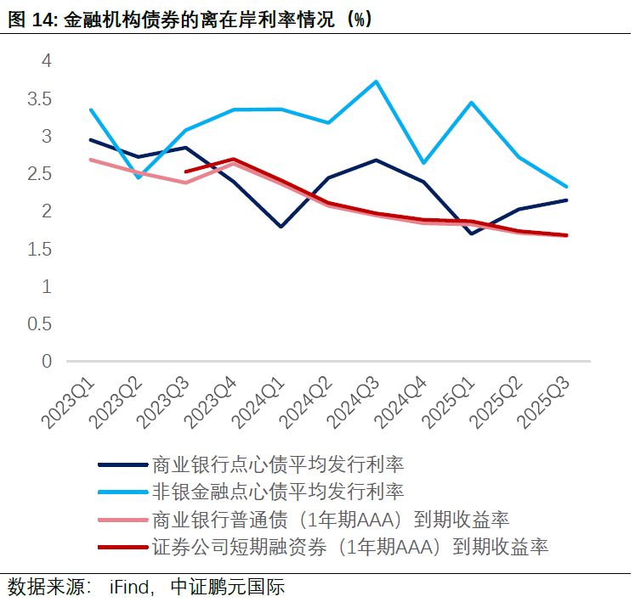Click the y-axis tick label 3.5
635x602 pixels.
[x=40, y=98]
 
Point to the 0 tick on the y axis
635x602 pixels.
[x=47, y=362]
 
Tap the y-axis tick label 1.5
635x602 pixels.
[x=40, y=249]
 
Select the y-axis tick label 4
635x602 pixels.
[x=47, y=61]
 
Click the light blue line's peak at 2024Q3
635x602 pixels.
[x=377, y=82]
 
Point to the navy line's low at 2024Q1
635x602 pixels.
[x=281, y=227]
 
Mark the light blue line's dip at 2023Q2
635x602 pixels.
[x=138, y=177]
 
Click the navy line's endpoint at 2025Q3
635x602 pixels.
[x=567, y=200]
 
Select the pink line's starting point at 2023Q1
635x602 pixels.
[x=90, y=160]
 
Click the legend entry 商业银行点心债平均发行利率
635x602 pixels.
[x=276, y=464]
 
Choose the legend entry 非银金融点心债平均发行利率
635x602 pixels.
[x=276, y=492]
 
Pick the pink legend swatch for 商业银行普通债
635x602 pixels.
[x=122, y=519]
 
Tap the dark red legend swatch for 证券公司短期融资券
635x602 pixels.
[x=122, y=546]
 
